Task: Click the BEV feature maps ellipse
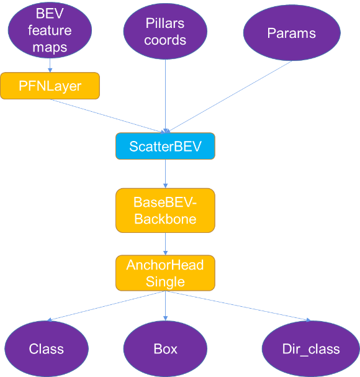50,30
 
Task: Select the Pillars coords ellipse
165,31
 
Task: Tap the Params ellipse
292,33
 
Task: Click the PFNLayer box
50,86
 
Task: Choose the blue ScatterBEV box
165,146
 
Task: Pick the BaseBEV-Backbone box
165,211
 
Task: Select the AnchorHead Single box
165,273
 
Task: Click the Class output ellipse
47,348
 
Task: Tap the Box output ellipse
165,348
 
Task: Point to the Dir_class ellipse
311,348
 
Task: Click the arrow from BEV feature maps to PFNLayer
50,65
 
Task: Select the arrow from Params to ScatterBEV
228,97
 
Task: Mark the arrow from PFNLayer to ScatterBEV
107,116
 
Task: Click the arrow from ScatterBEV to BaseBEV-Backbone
165,174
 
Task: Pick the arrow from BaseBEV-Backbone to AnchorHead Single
165,244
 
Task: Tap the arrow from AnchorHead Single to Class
106,306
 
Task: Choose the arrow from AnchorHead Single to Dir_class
238,306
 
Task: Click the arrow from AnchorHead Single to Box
165,306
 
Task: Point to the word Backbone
165,219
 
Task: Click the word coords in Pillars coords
165,40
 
